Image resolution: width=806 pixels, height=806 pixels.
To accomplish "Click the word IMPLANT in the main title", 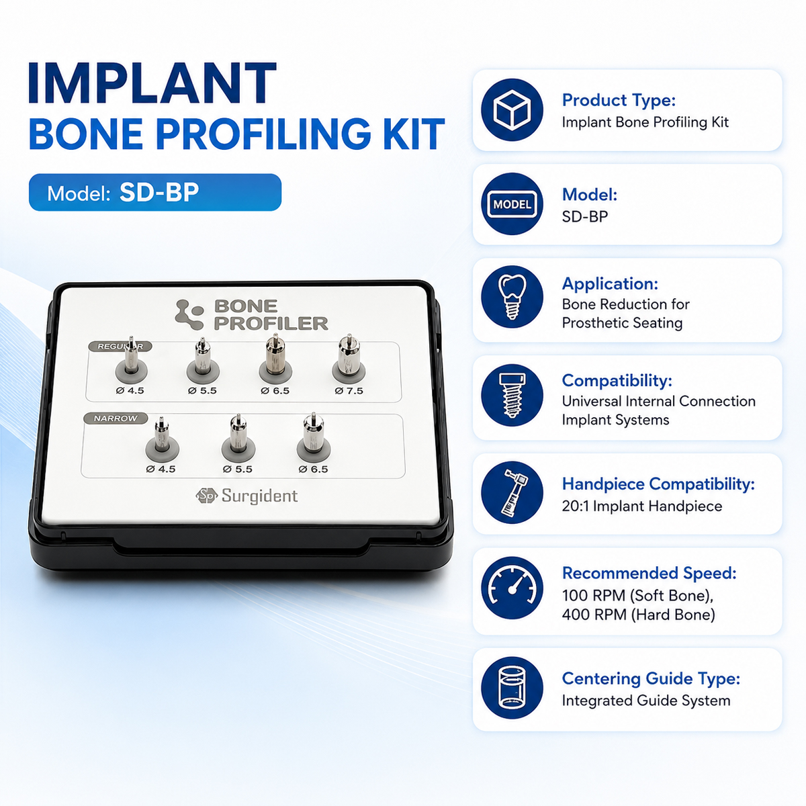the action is [151, 83].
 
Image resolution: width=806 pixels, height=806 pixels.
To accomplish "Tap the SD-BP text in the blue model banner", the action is [159, 192].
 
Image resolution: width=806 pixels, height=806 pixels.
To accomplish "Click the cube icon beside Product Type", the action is [512, 110].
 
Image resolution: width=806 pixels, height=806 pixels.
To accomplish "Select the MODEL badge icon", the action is [512, 204].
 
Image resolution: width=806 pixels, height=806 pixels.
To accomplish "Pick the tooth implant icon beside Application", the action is [512, 297].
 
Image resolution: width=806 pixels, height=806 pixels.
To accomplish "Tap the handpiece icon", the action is [512, 493].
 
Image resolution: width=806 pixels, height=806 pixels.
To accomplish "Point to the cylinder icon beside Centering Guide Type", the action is [512, 688].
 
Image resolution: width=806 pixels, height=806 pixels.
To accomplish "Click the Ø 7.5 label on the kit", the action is [349, 391].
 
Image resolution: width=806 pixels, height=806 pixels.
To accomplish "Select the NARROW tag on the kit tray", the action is [116, 418].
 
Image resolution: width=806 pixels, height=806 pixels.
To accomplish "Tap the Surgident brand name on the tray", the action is [259, 496].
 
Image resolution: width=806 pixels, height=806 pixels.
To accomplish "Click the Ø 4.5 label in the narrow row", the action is [161, 469].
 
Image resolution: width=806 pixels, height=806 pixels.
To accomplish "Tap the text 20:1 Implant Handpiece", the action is [641, 506].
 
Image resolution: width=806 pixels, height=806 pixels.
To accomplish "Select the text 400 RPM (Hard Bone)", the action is [638, 615].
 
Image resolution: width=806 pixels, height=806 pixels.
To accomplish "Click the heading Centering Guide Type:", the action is [651, 678].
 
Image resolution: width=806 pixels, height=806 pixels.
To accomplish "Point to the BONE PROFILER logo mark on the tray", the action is [189, 314].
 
